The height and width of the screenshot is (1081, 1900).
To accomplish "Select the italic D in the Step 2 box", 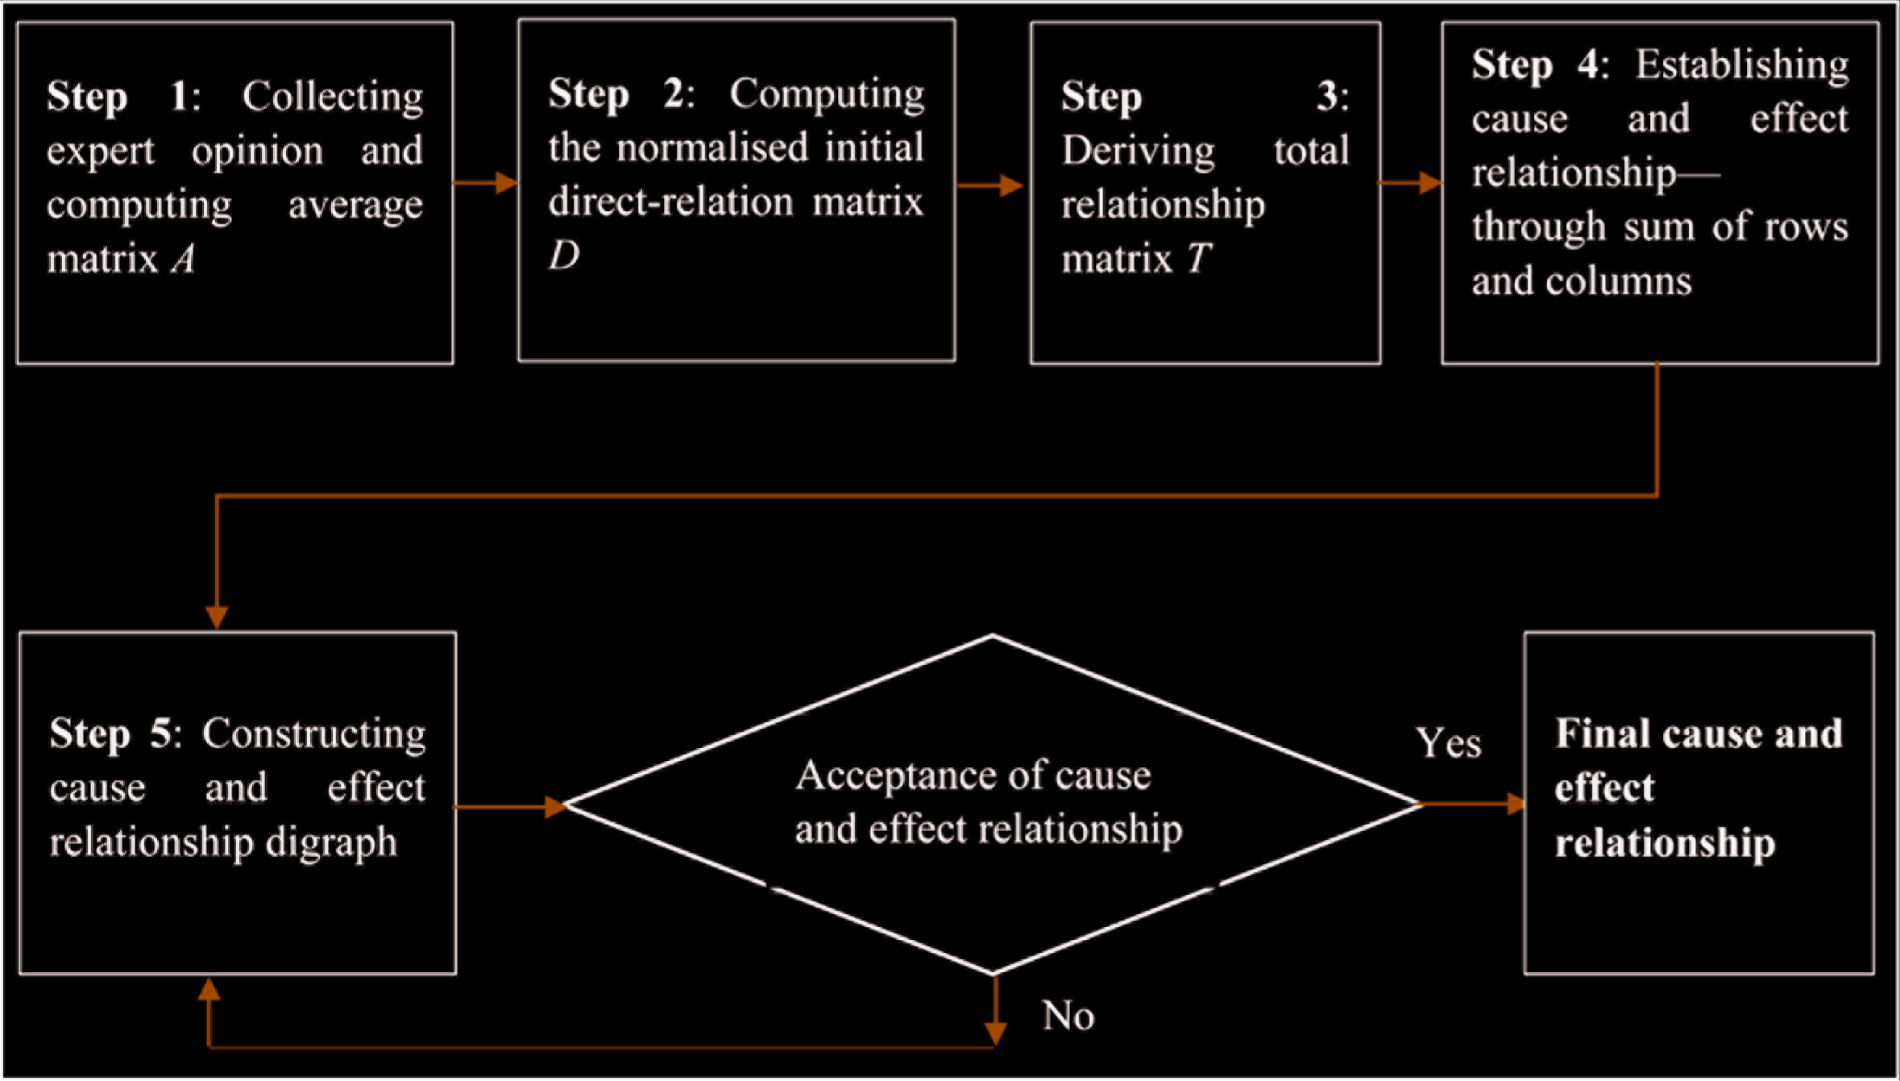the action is pyautogui.click(x=564, y=256).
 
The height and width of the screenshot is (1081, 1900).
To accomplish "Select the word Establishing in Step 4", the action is pyautogui.click(x=1742, y=65).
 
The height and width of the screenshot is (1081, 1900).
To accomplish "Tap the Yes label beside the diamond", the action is pyautogui.click(x=1449, y=742).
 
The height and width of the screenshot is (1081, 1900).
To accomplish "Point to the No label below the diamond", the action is pyautogui.click(x=1068, y=1016).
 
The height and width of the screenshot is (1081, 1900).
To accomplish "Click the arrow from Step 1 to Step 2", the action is pyautogui.click(x=486, y=183).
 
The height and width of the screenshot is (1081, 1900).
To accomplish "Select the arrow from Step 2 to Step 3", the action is pyautogui.click(x=990, y=185).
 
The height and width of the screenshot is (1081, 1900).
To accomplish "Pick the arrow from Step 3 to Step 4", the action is pyautogui.click(x=1411, y=183).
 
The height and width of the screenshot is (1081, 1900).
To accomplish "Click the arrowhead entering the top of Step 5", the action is pyautogui.click(x=217, y=617).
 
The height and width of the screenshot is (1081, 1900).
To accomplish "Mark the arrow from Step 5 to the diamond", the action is pyautogui.click(x=511, y=806).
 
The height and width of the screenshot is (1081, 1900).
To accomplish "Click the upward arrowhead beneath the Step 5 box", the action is pyautogui.click(x=209, y=990).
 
